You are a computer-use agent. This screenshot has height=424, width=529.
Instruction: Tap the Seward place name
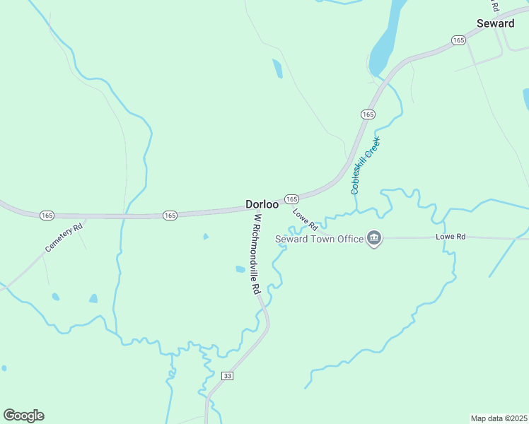coord(495,23)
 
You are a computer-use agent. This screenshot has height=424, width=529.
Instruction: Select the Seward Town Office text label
coord(318,239)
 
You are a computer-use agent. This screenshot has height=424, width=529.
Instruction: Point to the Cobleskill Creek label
coord(365,165)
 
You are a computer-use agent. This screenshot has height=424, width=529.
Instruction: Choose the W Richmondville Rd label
coord(255,254)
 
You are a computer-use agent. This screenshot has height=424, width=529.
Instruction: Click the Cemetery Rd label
coord(64,238)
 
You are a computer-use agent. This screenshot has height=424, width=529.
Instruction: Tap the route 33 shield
coord(227,375)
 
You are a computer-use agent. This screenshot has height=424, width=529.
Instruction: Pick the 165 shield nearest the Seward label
coord(458,40)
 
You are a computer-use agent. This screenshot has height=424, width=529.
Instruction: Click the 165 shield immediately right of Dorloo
coord(291,199)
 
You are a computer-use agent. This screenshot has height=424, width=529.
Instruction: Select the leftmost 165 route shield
coord(47,215)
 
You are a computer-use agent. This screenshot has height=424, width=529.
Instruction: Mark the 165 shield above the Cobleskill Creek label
coord(367,114)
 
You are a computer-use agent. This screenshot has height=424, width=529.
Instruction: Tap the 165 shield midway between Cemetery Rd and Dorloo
coord(169,215)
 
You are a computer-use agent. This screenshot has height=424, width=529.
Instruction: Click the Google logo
coord(23,416)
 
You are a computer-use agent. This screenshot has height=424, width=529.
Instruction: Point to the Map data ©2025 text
coord(499,418)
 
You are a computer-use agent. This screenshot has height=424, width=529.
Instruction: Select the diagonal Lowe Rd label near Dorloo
coord(305,219)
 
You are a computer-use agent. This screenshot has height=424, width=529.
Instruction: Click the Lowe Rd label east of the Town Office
coord(450,236)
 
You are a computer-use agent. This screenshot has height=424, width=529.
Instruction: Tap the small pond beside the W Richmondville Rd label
coord(240,269)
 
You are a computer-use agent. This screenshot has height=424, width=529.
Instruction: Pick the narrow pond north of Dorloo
coord(277,69)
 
